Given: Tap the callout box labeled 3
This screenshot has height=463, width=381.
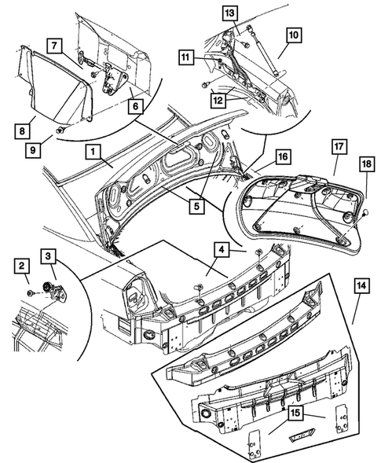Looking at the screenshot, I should pos(49,257).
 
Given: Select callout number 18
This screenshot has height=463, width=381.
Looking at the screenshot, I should pos(367,184).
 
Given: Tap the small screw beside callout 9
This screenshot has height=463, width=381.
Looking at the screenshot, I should pos(60,127).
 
